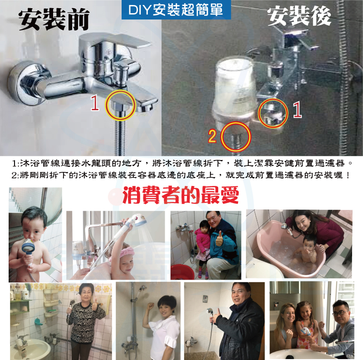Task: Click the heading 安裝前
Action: (54, 19)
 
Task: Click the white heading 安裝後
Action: (299, 16)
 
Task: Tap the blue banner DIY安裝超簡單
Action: (176, 10)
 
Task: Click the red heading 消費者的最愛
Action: (181, 195)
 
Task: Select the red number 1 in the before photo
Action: (95, 103)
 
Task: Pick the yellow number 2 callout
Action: (212, 136)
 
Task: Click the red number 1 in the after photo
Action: (297, 110)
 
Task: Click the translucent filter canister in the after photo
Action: (235, 88)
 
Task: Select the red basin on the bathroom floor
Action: (182, 272)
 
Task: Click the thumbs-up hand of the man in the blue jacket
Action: (219, 239)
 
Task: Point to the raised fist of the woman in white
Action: (151, 306)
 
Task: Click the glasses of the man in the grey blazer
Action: (338, 313)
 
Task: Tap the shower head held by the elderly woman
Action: (72, 303)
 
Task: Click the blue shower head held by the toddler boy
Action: (28, 246)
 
